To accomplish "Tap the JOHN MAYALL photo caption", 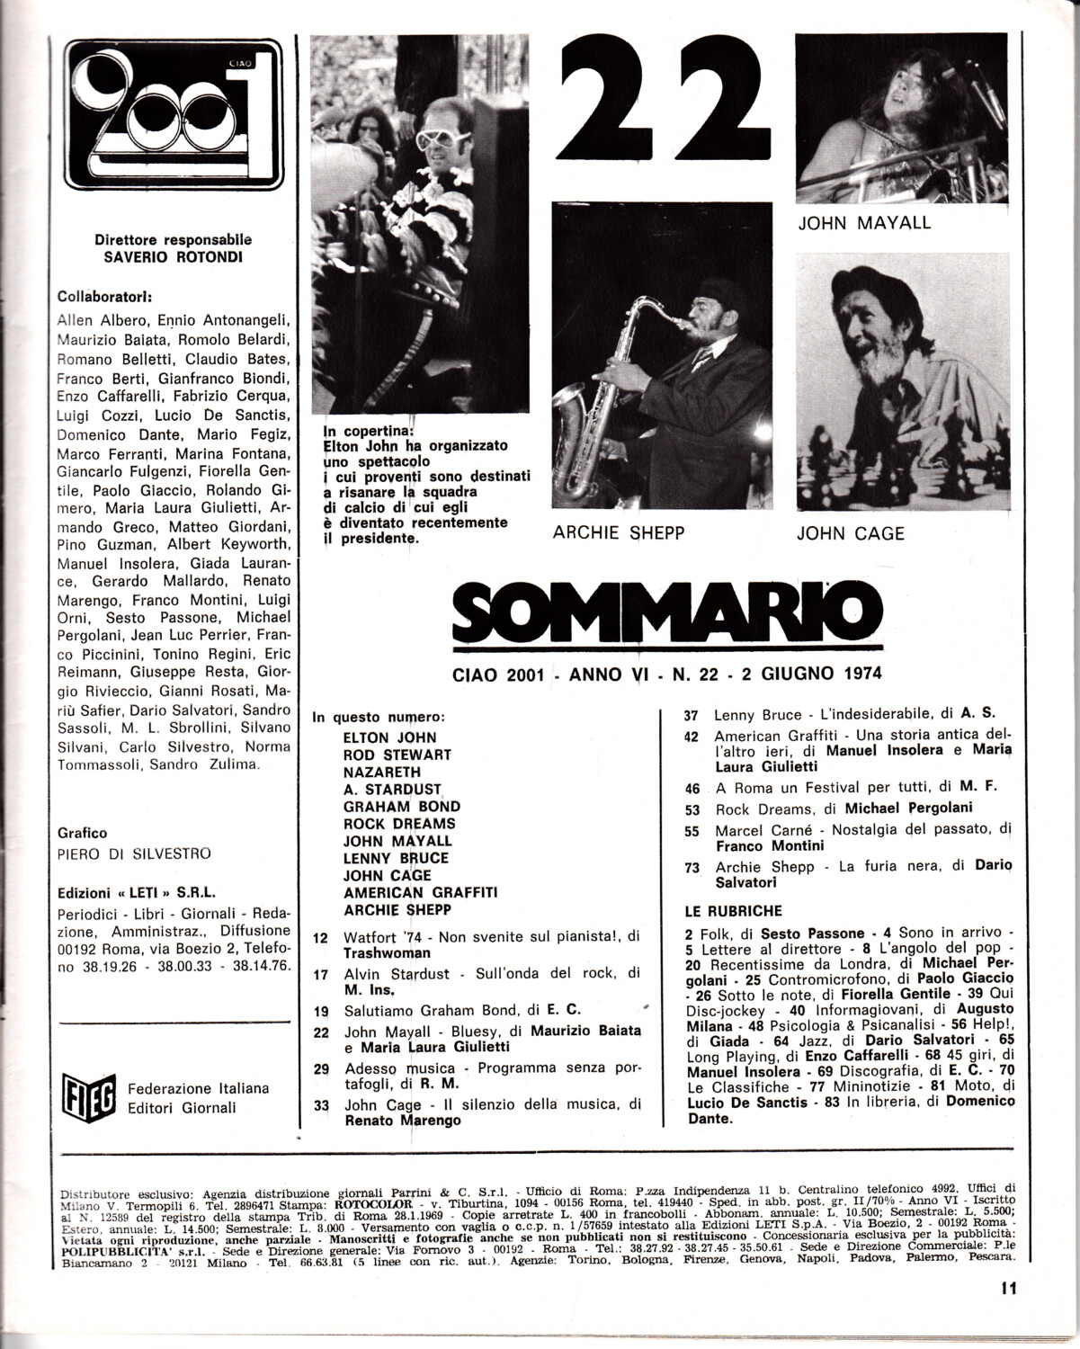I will pos(864,223).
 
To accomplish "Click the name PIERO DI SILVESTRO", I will pos(134,853).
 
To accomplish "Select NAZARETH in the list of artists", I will pos(381,772).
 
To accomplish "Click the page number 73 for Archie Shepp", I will pos(692,867).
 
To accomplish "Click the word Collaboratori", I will pos(105,296).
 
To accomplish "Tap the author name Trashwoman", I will pos(387,952).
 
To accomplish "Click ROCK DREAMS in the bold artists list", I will pos(399,823).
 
